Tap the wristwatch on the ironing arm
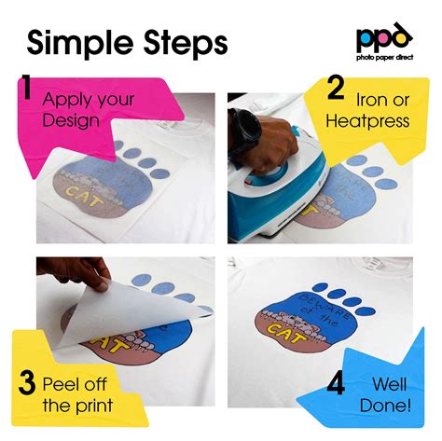point(245,125)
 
